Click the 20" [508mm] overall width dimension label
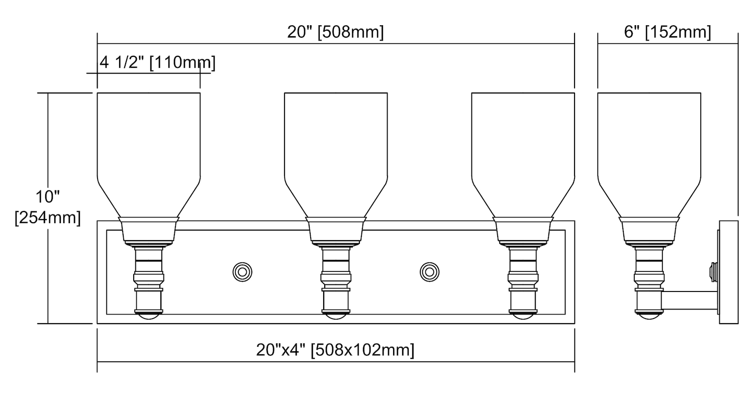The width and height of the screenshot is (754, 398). click(335, 32)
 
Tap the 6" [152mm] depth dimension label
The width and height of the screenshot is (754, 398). click(668, 32)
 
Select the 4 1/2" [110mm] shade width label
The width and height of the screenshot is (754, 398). click(157, 63)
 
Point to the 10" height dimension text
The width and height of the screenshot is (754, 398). click(47, 197)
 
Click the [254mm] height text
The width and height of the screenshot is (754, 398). click(48, 218)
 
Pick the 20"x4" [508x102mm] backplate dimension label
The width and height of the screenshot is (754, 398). click(335, 350)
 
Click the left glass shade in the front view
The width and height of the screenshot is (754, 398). click(149, 155)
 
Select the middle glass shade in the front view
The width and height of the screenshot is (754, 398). click(336, 155)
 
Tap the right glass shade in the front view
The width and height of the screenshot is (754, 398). click(523, 155)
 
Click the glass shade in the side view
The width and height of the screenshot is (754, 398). click(649, 155)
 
